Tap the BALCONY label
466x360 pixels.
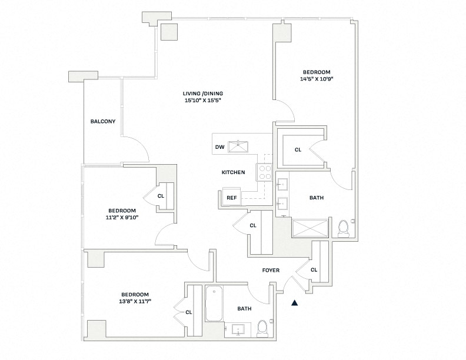[x=102, y=122]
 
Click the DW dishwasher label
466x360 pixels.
[x=219, y=147]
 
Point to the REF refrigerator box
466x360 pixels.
[x=232, y=197]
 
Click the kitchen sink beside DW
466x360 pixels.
[x=239, y=146]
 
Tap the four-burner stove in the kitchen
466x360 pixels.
[x=264, y=171]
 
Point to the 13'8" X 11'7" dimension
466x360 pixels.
[x=135, y=302]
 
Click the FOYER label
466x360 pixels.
[x=271, y=271]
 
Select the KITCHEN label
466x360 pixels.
[x=233, y=172]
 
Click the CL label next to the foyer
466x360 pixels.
[x=314, y=270]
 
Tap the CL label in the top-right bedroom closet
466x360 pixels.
[x=298, y=150]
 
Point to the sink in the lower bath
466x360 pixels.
[x=239, y=329]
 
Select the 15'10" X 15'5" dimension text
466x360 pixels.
[x=203, y=101]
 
